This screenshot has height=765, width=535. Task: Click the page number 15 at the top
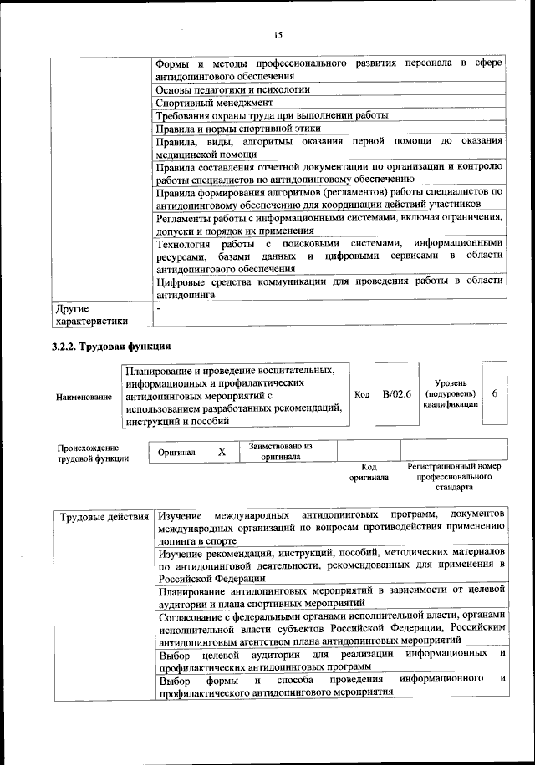pos(278,34)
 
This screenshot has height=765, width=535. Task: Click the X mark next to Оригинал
pos(222,452)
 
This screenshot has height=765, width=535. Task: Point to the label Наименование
pos(84,396)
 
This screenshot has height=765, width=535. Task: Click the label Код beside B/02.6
pos(362,394)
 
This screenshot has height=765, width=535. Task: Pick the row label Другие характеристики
pos(92,314)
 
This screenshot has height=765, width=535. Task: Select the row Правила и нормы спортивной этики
pos(238,129)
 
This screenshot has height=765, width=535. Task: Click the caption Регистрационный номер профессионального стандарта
pos(453,476)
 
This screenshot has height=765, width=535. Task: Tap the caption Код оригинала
pos(368,473)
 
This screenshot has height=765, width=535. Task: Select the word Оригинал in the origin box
pos(176,453)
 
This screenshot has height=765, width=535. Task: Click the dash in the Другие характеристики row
pos(159,309)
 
